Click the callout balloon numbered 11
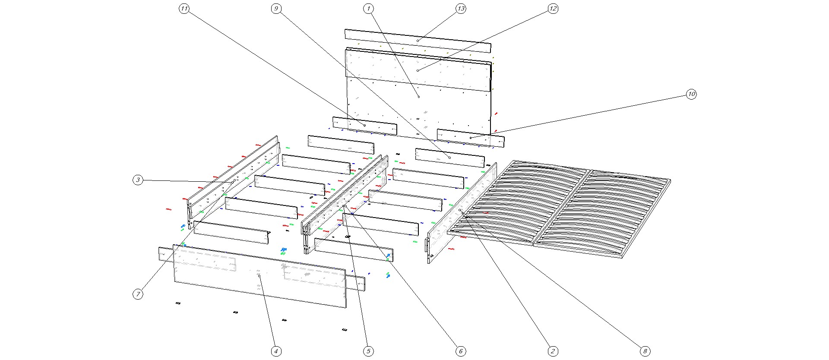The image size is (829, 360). click(x=184, y=9)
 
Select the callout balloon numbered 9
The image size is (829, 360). click(x=276, y=9)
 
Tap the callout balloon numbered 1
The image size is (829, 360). click(x=368, y=9)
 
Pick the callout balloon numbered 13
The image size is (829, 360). click(x=461, y=9)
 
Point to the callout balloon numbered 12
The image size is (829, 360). click(x=553, y=9)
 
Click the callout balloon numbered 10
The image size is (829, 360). click(x=691, y=94)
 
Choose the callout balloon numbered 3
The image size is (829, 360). click(x=138, y=180)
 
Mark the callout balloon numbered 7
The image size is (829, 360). click(x=138, y=294)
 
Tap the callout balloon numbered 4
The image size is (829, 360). click(x=276, y=351)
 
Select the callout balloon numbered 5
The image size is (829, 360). click(x=368, y=351)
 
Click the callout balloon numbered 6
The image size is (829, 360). click(x=461, y=351)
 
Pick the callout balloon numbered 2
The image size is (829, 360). click(x=553, y=351)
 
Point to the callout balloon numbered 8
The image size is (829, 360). click(x=645, y=351)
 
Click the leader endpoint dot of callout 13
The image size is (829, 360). click(x=418, y=41)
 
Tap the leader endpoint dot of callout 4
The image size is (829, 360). click(x=259, y=276)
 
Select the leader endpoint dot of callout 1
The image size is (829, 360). click(x=419, y=97)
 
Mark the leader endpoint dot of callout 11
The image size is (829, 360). click(x=365, y=125)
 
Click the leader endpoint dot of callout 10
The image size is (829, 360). click(x=471, y=138)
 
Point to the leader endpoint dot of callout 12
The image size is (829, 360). click(x=418, y=70)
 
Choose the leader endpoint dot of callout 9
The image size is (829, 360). click(x=450, y=158)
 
